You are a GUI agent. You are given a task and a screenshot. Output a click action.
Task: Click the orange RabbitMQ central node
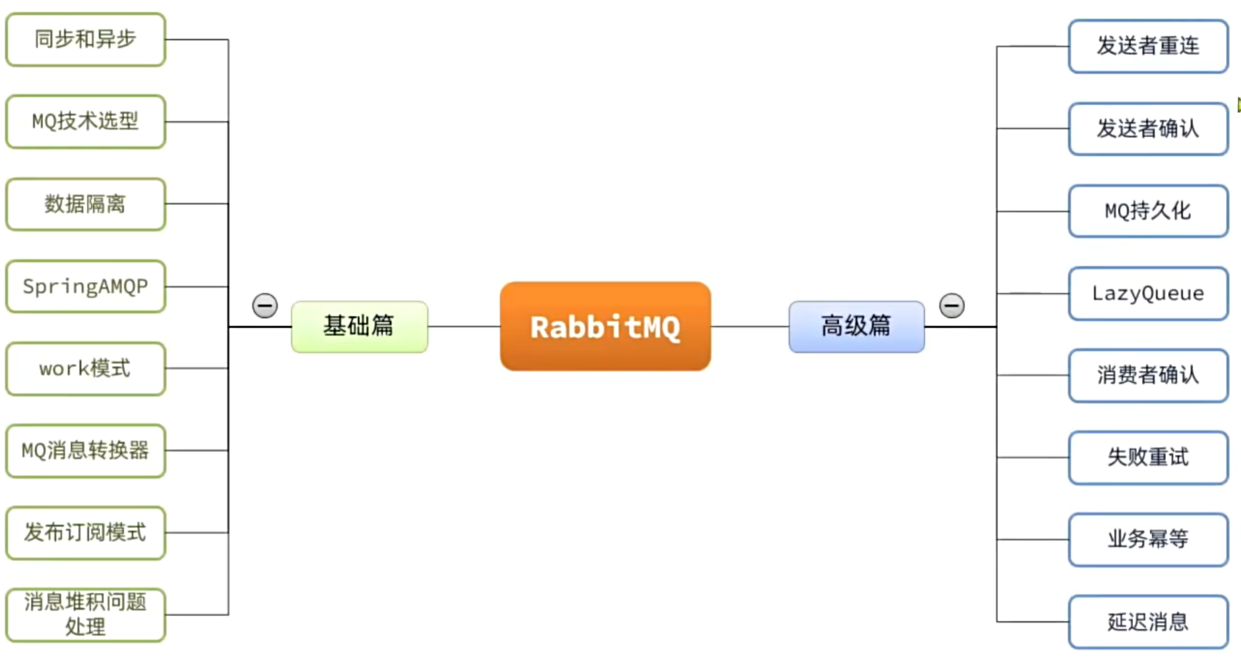[x=605, y=327]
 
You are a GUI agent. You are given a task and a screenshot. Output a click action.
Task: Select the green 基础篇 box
[x=359, y=326]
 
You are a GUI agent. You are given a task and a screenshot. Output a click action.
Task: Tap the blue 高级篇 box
[x=857, y=326]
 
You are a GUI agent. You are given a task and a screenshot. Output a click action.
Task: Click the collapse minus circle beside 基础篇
[x=265, y=305]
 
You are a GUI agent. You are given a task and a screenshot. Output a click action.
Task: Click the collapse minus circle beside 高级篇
[x=951, y=305]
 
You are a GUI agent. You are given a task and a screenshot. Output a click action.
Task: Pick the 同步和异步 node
[x=85, y=39]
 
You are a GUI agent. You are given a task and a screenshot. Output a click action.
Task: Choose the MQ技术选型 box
[x=85, y=122]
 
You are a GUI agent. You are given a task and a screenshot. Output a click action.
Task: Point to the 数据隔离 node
[x=85, y=204]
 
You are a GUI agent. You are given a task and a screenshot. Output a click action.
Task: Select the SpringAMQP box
[x=85, y=286]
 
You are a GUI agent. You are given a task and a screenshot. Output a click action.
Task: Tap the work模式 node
[x=85, y=369]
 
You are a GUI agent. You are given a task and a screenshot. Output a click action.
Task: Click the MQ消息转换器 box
[x=85, y=451]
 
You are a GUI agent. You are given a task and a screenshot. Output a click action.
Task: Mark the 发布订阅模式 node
[x=85, y=533]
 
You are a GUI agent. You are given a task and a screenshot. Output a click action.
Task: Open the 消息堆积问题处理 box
[x=85, y=614]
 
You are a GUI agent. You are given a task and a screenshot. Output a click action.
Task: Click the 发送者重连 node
[x=1148, y=46]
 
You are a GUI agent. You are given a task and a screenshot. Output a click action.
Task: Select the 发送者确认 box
[x=1148, y=128]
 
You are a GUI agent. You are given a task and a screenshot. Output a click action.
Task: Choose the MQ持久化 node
[x=1148, y=211]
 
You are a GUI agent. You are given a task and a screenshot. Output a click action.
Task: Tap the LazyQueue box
[x=1148, y=293]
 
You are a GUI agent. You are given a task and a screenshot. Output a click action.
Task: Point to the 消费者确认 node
[x=1148, y=375]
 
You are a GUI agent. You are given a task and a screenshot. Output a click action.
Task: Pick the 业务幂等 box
[x=1148, y=539]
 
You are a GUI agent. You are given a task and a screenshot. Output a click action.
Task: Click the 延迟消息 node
[x=1148, y=622]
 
